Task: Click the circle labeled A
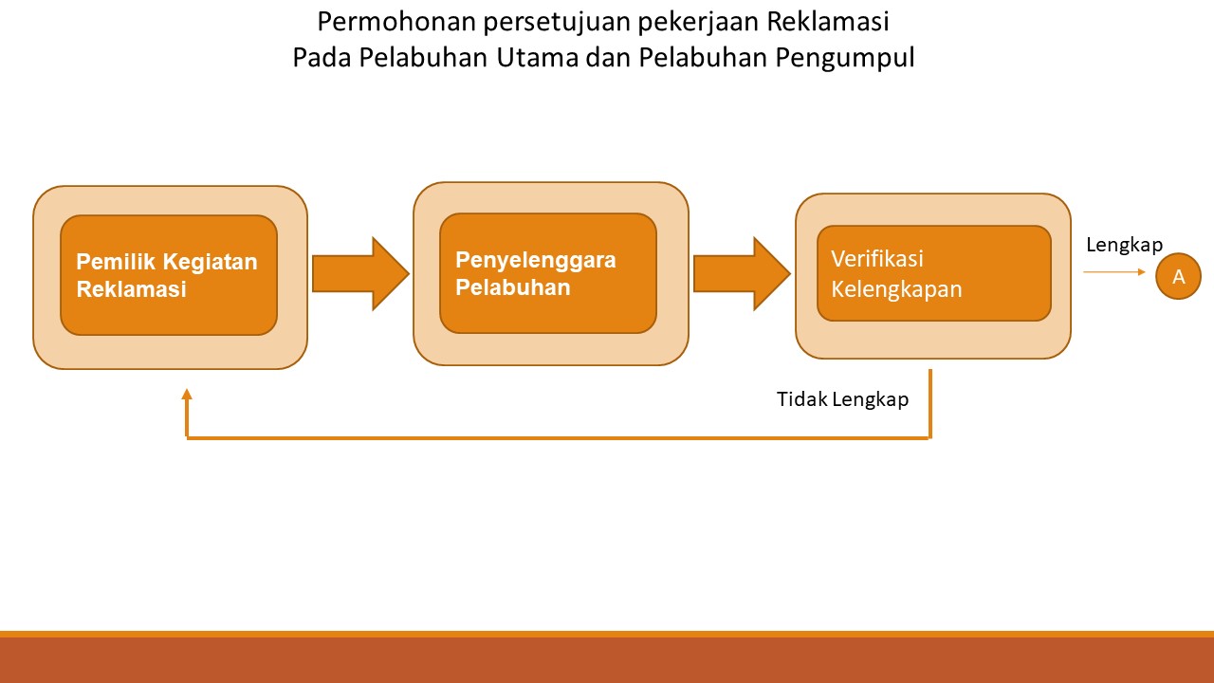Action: tap(1179, 277)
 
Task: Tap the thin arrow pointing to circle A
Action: tap(1115, 272)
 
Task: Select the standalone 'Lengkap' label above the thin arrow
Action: tap(1124, 245)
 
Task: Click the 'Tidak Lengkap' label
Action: tap(842, 399)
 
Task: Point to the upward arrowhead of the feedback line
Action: tap(187, 395)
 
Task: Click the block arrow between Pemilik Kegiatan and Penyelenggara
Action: tap(359, 273)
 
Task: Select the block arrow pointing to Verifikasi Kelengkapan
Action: tap(741, 273)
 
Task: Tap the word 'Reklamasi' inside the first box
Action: tap(131, 289)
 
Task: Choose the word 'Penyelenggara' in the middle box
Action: tap(536, 260)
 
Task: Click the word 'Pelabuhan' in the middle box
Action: tap(513, 286)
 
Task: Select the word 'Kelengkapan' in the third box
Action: tap(896, 289)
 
